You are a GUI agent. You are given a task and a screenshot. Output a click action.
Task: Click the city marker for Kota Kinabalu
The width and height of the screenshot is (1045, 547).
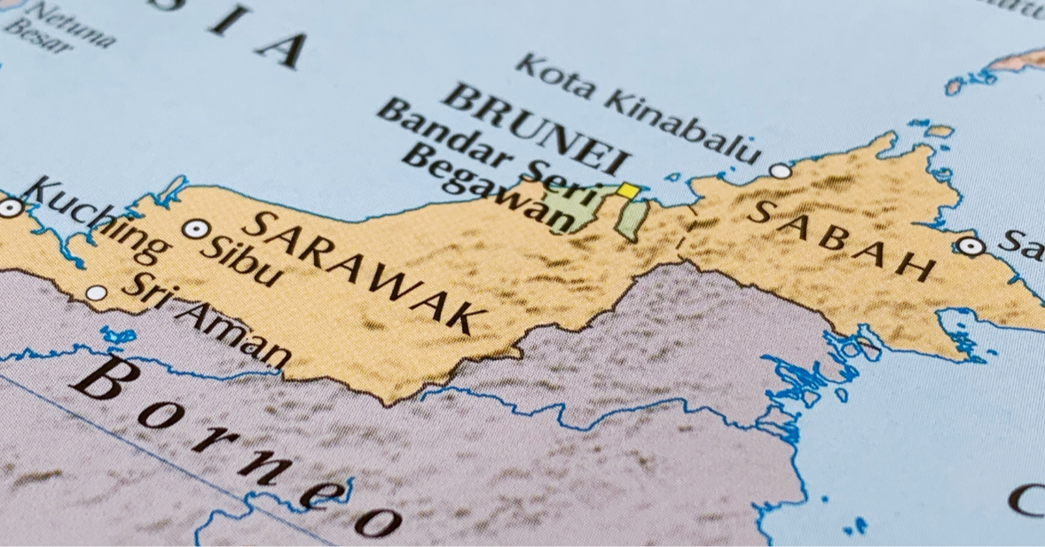coord(780,170)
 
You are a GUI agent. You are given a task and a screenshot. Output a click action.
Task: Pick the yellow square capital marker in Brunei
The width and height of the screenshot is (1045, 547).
coord(628,190)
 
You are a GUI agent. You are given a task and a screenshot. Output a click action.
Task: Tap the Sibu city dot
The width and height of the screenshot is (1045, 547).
coord(195,229)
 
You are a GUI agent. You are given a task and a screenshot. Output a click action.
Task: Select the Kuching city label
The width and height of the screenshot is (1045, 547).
coord(94,220)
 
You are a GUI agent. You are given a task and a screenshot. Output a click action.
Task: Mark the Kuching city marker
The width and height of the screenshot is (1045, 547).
coord(10,207)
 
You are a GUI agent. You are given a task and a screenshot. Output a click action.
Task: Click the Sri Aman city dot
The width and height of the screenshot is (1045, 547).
coord(96,293)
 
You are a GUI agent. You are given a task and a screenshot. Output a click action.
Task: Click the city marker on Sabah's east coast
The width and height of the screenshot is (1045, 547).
coord(971,246)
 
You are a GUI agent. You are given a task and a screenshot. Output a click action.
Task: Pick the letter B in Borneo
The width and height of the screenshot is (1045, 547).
coord(101,378)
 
